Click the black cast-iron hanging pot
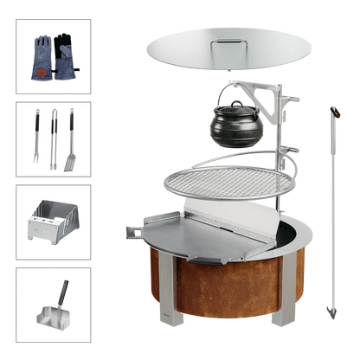pyautogui.click(x=232, y=126)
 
